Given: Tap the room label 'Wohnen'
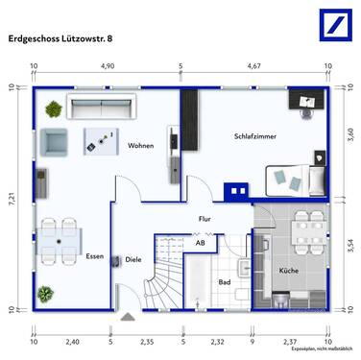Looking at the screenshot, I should coord(141,146).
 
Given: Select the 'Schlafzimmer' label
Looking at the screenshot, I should coord(255,137).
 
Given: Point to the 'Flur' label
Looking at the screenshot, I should coord(205,219).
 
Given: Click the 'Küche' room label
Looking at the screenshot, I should coord(288,272).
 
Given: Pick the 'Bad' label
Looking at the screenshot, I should coord(224,282).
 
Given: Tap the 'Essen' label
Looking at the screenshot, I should coord(94,256).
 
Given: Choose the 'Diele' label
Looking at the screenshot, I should coord(133,258).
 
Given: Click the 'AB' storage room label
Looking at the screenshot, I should coord(200,244).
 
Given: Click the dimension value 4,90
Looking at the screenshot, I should coord(108,67).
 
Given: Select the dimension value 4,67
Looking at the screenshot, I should coord(254,67).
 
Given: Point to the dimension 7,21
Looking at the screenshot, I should coord(13,202).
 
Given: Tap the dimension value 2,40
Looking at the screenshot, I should coord(72,341).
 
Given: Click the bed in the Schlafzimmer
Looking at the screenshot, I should coord(294,178).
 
